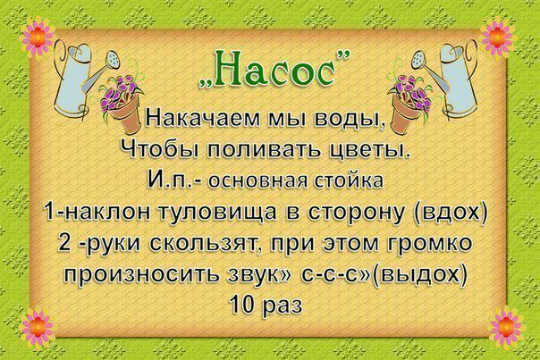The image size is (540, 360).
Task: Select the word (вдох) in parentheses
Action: tap(450, 213)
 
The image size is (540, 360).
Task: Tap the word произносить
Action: tap(142, 275)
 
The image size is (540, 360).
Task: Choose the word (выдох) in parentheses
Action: tap(419, 274)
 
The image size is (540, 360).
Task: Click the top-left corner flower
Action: tap(37, 38)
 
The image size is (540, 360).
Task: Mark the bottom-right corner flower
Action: tap(505, 326)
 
